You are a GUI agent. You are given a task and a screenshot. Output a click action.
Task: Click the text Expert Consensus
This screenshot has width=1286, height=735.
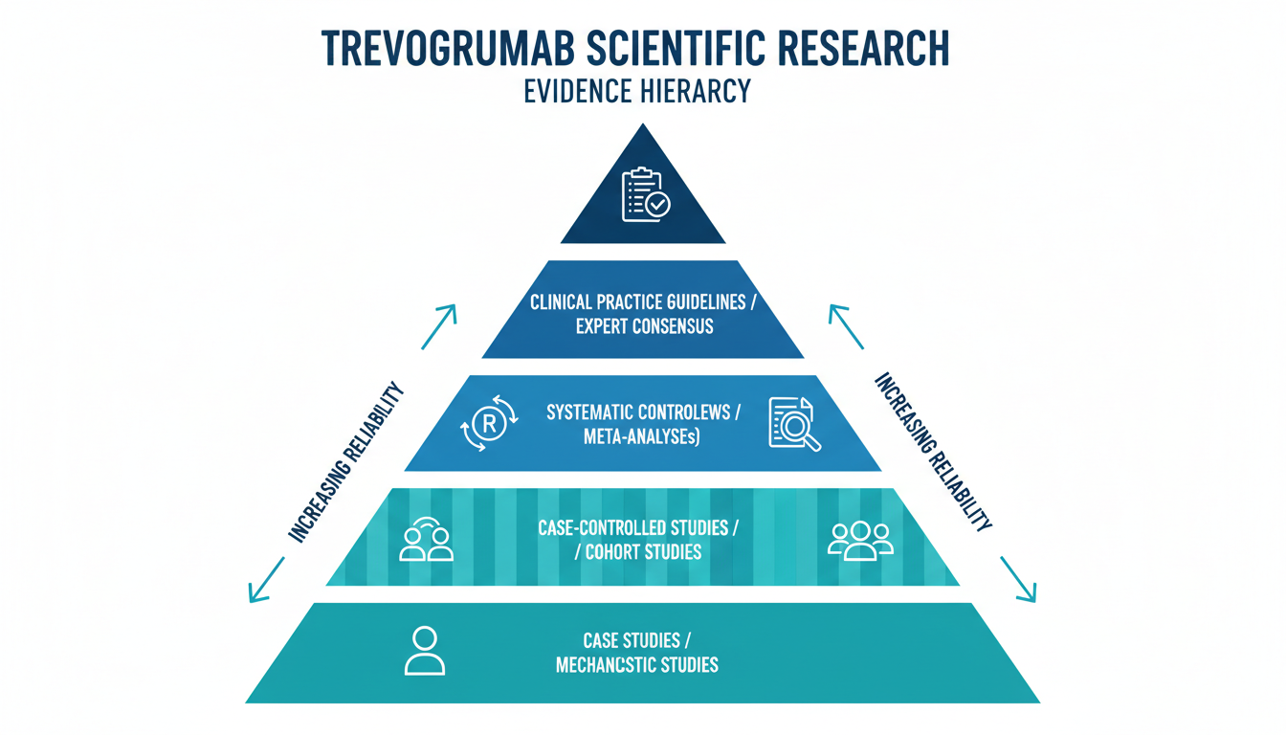[x=644, y=326]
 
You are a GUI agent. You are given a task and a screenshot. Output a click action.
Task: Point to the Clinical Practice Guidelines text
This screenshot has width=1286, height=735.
[x=644, y=301]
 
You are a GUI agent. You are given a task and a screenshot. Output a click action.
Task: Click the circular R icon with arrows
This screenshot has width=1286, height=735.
[x=488, y=424]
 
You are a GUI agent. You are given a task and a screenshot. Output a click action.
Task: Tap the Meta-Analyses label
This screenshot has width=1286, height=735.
[x=643, y=437]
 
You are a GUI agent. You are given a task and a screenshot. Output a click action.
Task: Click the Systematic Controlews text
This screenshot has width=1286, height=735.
[x=643, y=412]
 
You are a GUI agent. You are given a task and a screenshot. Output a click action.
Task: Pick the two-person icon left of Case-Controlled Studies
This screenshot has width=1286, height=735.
[x=426, y=540]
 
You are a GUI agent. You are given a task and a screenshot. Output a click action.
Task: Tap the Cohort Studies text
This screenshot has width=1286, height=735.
[x=643, y=552]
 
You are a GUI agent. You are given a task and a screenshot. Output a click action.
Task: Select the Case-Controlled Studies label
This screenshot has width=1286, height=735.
[x=643, y=527]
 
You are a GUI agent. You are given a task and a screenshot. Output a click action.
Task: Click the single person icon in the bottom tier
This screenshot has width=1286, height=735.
[x=424, y=651]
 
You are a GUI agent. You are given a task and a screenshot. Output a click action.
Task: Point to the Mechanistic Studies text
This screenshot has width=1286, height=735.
[x=637, y=664]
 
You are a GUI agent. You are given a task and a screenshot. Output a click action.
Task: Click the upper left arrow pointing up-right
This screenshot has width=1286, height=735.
[x=438, y=326]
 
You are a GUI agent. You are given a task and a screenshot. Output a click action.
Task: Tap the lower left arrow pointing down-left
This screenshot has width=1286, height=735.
[x=267, y=582]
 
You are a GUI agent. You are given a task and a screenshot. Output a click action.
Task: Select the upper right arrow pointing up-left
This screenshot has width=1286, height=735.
[x=847, y=326]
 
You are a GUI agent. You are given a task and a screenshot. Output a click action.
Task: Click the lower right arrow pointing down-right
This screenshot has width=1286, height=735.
[x=1018, y=582]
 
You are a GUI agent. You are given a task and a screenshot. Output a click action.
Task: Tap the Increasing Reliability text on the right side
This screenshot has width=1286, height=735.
[x=933, y=450]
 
